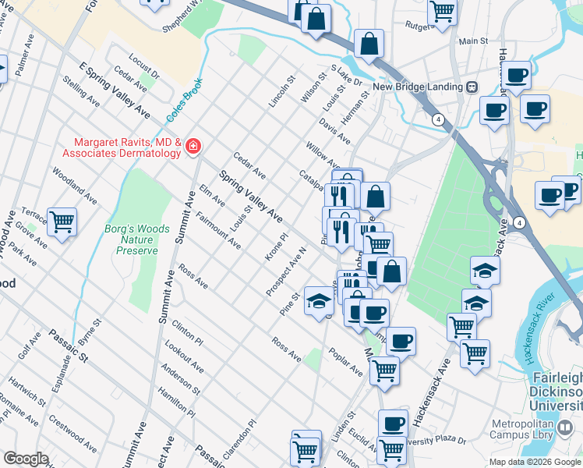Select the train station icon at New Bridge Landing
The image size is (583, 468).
coord(472,87)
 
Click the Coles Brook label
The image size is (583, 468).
coord(184,99)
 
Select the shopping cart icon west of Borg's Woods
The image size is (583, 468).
coord(62,222)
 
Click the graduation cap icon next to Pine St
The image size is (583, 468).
coord(318,301)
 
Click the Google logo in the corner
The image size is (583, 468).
coord(25,459)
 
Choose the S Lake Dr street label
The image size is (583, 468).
coord(346,76)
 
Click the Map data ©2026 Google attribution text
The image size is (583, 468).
coord(535,462)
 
